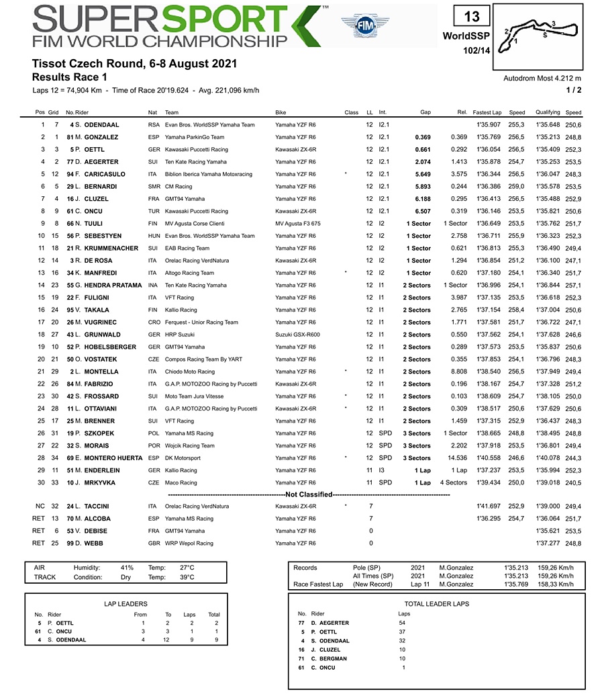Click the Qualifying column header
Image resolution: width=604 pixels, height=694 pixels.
tap(548, 112)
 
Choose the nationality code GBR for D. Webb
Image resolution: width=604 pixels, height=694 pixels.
tap(154, 544)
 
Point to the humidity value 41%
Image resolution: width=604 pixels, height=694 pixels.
tap(128, 568)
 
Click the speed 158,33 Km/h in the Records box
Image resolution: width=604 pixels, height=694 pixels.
tap(558, 584)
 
